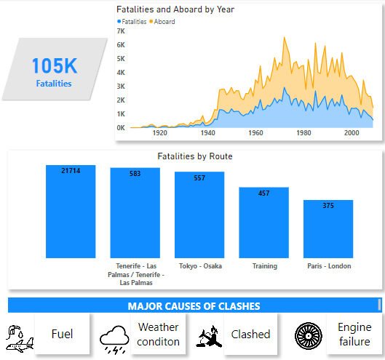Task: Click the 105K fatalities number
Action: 54,66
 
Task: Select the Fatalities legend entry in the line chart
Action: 133,22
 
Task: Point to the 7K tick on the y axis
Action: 121,31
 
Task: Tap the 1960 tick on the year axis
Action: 256,133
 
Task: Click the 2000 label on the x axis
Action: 352,133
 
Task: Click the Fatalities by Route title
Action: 194,156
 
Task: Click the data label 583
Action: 135,173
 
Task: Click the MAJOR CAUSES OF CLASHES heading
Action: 194,306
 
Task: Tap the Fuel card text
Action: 62,335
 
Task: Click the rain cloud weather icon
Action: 115,337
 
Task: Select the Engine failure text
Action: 354,335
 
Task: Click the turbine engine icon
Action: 308,335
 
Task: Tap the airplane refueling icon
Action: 18,336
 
